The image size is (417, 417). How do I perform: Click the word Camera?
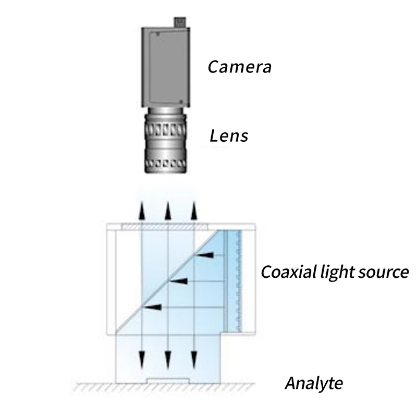pos(240,67)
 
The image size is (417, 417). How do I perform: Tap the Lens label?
pos(229,136)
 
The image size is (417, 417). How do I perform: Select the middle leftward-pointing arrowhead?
pos(179,281)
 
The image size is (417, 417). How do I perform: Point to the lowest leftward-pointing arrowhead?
pos(152,308)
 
